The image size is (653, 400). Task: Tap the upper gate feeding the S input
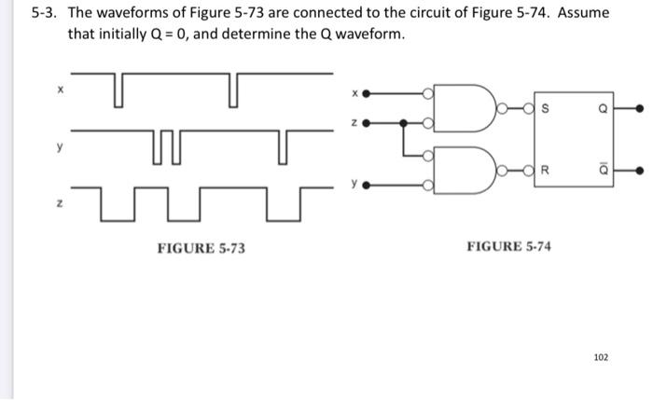click(x=474, y=108)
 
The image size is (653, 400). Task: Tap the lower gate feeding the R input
click(x=474, y=171)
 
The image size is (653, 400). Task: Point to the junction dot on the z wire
click(x=403, y=123)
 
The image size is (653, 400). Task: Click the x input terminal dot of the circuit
click(x=367, y=94)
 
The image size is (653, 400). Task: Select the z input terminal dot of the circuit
click(x=367, y=123)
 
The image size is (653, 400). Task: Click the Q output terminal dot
click(x=640, y=109)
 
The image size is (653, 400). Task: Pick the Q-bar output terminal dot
click(x=640, y=172)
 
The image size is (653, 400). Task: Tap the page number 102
click(x=601, y=357)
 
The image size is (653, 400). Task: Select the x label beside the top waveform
click(x=61, y=91)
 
